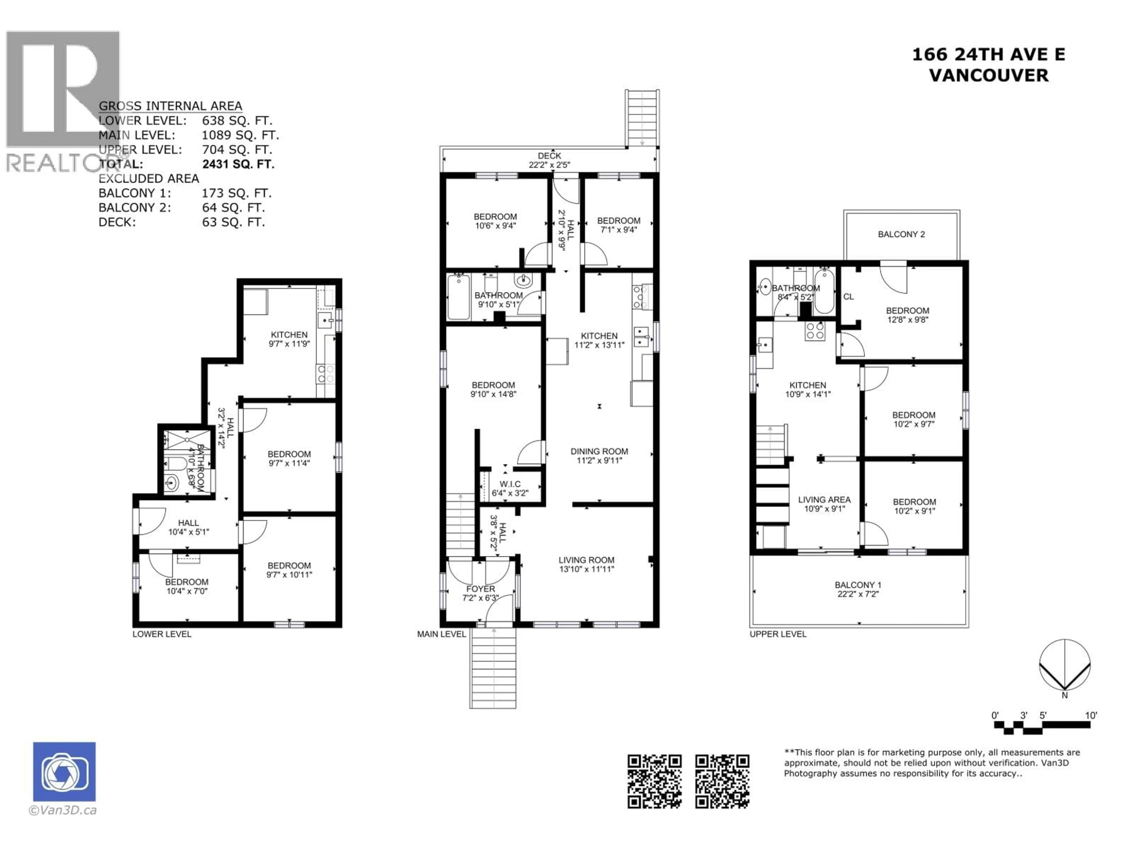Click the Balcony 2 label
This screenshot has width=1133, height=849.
coord(901,234)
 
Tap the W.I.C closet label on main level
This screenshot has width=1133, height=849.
coord(510,488)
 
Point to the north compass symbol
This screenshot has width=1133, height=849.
coord(1064,665)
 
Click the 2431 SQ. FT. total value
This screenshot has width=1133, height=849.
coord(238,164)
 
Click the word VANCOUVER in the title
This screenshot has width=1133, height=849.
coord(988,76)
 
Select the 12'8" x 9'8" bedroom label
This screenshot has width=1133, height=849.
coord(907,315)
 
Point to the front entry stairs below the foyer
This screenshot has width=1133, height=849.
coord(493,668)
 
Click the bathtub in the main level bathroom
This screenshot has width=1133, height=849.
coord(459,297)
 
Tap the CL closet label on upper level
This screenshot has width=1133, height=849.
coord(848,297)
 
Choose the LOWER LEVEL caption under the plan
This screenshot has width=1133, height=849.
coord(162,634)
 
